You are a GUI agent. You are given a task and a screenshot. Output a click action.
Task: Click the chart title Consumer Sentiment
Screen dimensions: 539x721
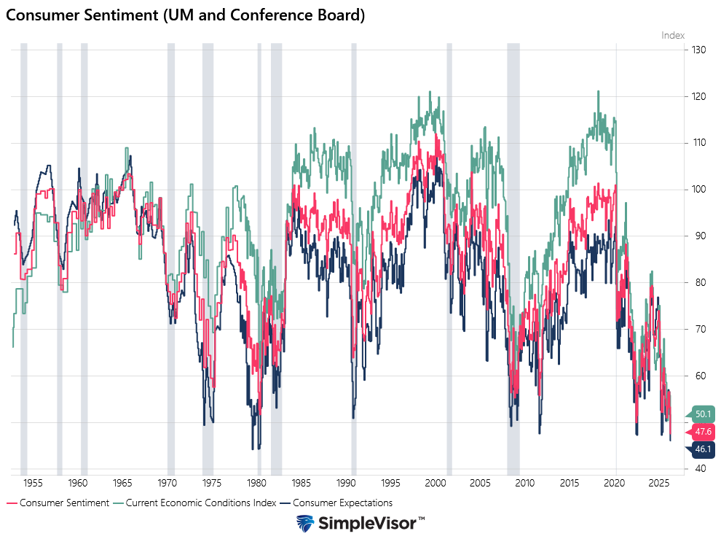coord(186,15)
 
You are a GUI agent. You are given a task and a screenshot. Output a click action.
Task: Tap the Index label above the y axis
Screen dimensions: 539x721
coord(672,35)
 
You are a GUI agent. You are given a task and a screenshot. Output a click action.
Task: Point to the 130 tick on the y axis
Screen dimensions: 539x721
coord(699,50)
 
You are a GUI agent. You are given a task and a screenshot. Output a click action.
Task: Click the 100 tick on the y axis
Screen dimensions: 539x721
coord(699,190)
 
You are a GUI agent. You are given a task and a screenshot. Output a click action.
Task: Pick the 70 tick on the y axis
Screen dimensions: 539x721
coord(699,329)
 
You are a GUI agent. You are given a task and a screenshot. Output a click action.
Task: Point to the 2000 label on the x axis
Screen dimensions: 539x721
coord(436,483)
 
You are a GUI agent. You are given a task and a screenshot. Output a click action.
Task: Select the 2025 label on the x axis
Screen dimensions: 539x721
coord(658,483)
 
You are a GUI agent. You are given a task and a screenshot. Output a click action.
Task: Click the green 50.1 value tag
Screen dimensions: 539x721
coord(702,414)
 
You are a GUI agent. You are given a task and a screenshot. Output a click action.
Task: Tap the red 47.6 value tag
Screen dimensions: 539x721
coord(702,432)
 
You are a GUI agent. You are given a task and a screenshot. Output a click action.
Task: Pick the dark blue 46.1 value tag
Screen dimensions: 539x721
coord(702,449)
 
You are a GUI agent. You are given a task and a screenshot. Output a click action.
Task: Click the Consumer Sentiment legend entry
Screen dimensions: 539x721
coord(64,503)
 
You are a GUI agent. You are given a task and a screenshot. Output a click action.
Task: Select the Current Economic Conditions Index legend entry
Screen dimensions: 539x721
coord(201,503)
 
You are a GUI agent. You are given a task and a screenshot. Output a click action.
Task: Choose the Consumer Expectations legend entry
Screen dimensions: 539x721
coord(342,503)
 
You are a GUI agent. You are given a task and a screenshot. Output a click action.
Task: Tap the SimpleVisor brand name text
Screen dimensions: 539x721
coord(368,524)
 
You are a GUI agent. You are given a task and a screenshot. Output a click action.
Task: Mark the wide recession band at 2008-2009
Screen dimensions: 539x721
coord(513,255)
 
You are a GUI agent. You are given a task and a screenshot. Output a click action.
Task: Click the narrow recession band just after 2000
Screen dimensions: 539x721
coord(449,255)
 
